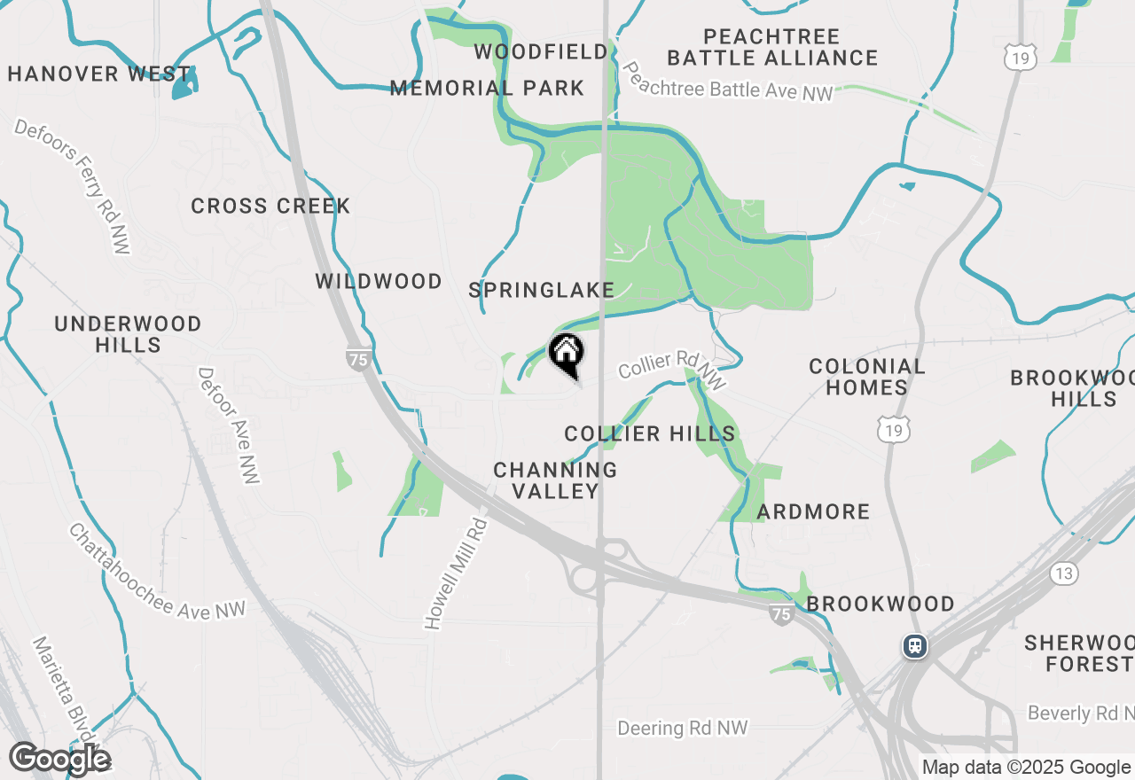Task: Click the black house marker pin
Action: (567, 354)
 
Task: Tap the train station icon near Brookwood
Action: (915, 646)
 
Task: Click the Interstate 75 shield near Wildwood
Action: (357, 358)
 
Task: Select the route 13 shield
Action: (1064, 573)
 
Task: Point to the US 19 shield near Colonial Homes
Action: (891, 432)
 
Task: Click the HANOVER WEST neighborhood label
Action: (99, 74)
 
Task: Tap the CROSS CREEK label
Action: (271, 206)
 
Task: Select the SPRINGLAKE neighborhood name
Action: (542, 290)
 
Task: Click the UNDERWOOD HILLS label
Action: (128, 334)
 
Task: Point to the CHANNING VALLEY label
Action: (555, 480)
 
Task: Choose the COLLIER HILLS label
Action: (650, 433)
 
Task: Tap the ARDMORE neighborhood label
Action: (813, 511)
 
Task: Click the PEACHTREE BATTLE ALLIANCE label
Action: (772, 47)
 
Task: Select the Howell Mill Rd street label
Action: (457, 573)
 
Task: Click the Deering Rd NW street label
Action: (683, 728)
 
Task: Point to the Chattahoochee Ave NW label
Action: (157, 572)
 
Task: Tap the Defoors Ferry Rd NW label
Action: (72, 186)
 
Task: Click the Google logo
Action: (59, 759)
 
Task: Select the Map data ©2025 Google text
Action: (1026, 768)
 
